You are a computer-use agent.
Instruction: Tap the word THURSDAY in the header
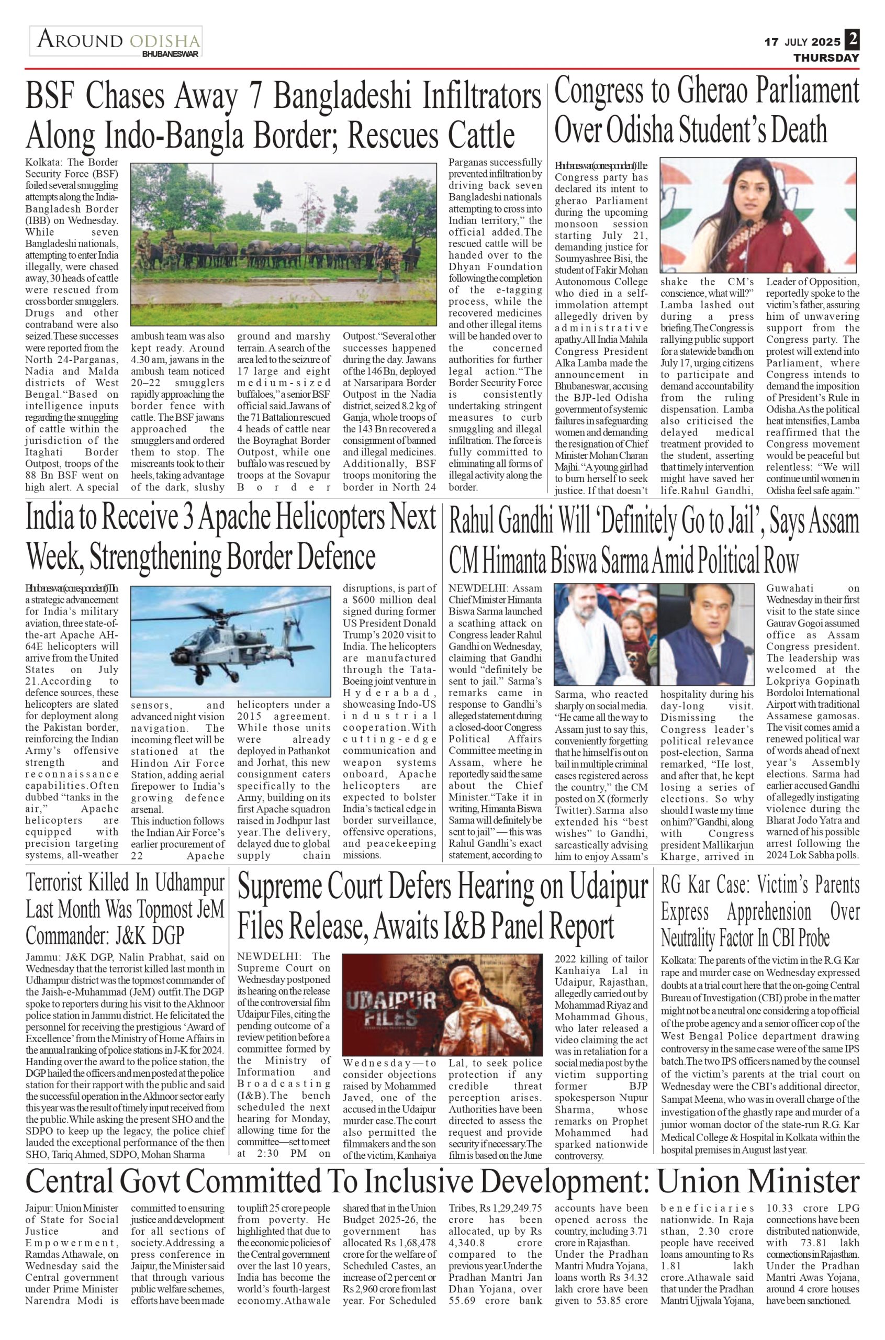(826, 58)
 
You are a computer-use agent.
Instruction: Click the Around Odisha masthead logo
(116, 41)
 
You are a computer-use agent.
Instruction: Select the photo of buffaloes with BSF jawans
(283, 244)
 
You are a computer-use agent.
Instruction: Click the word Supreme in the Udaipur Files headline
(288, 888)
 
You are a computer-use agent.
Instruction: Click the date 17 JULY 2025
(802, 42)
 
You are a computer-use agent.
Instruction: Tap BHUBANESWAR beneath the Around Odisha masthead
(171, 55)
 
